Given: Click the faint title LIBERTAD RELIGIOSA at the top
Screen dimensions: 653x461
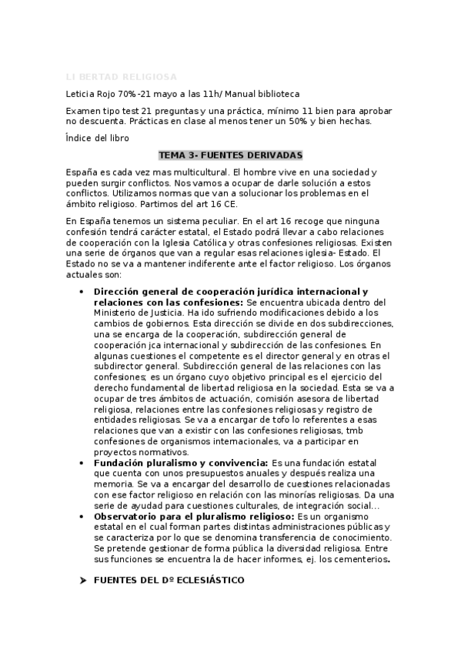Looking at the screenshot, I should click(122, 77).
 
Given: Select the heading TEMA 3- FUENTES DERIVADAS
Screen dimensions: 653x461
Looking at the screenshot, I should click(230, 155).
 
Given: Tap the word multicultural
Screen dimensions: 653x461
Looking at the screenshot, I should click(198, 171).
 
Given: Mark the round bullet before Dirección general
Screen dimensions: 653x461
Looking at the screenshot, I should click(82, 293).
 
